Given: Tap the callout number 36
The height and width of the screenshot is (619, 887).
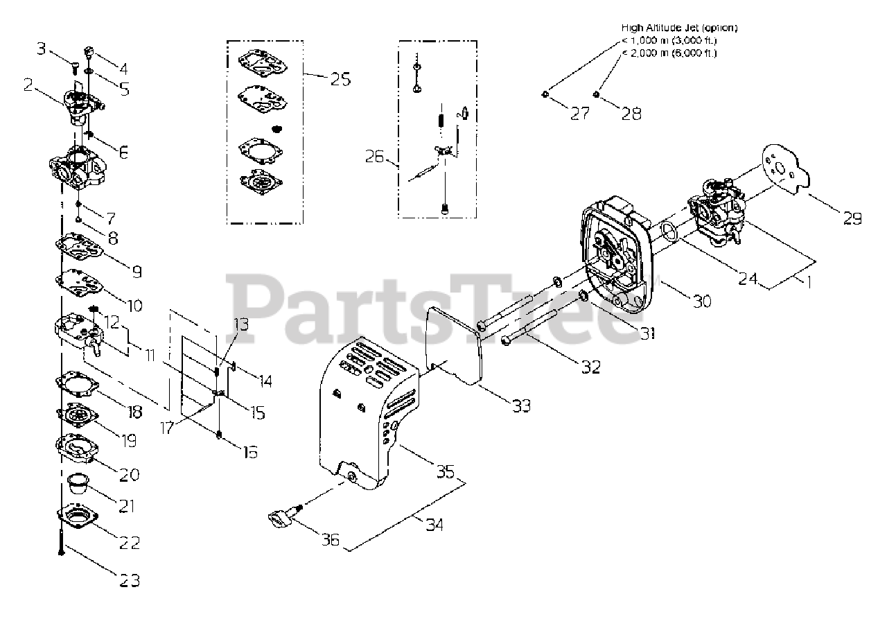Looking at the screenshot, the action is [x=331, y=539].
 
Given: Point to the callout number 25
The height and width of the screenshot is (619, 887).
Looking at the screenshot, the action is [x=340, y=79].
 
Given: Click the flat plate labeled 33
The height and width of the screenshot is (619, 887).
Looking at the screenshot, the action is [x=454, y=347].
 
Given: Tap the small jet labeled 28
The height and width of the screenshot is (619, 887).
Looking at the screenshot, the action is [x=595, y=94].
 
